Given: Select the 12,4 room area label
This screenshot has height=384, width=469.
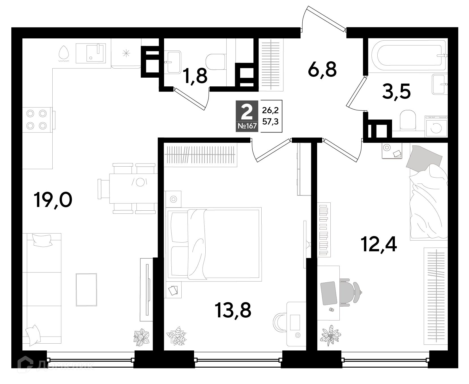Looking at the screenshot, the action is [379, 244].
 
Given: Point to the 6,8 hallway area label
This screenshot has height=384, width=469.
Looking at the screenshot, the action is [322, 69].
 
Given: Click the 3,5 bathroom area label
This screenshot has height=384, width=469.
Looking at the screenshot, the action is [396, 91].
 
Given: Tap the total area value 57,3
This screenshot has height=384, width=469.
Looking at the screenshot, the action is [270, 122].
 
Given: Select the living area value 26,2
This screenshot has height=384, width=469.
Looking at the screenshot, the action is [270, 110].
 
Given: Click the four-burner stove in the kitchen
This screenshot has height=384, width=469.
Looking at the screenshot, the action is [37, 119].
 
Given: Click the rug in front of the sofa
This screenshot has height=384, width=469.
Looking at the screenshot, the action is [86, 289].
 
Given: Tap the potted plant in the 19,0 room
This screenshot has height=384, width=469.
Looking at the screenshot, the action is [141, 337].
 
